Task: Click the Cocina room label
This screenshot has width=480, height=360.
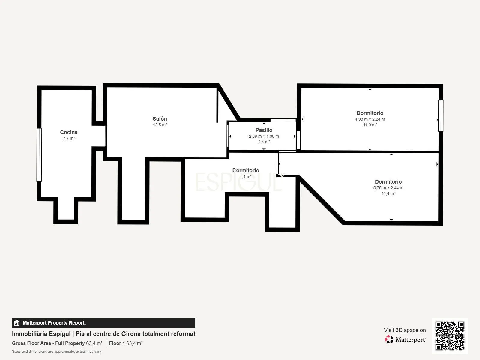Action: [x=69, y=132]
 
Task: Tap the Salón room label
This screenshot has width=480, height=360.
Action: [x=160, y=119]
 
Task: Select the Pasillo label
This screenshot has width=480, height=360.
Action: [x=264, y=130]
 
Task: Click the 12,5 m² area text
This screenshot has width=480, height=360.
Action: [x=160, y=125]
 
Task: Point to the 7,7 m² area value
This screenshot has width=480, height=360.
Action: [x=69, y=138]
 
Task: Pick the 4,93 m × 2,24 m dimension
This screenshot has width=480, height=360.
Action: [x=370, y=119]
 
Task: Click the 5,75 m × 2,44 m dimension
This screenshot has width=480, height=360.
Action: [x=388, y=188]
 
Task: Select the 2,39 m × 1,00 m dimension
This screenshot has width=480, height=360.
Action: [x=264, y=136]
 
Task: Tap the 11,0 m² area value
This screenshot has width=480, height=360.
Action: [x=370, y=125]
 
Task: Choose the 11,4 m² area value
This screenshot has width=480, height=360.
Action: [x=388, y=193]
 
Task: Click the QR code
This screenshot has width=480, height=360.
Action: [x=450, y=336]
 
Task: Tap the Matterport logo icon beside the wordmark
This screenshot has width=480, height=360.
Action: [x=389, y=340]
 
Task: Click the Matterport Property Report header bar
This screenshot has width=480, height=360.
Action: [x=103, y=322]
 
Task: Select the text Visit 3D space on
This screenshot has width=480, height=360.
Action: [x=405, y=330]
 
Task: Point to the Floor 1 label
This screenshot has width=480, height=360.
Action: [x=117, y=343]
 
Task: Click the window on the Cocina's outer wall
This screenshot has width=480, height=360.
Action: [x=39, y=155]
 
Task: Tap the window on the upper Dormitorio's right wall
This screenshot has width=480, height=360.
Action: [x=441, y=115]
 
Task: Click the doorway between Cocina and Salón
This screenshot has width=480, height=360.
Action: [x=106, y=136]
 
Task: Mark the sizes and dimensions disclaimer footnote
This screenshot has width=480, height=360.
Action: [x=56, y=352]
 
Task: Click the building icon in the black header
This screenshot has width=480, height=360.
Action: [x=17, y=323]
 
